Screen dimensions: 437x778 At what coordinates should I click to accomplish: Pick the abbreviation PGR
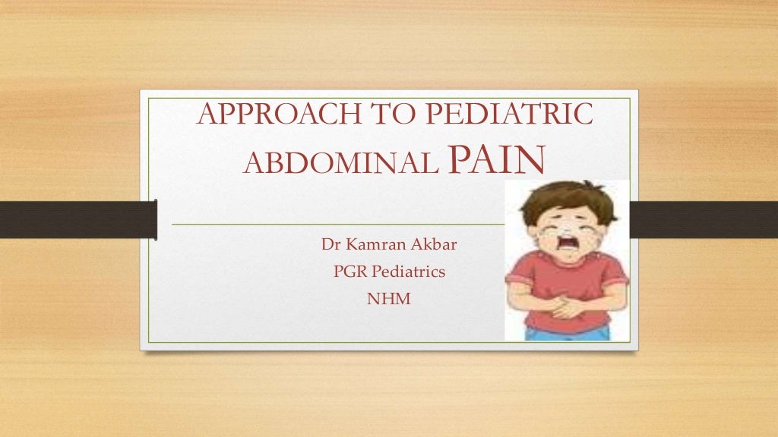pos(350,272)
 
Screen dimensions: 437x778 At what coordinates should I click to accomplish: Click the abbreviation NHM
pos(388,299)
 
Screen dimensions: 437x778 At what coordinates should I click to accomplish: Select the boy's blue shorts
pos(568,332)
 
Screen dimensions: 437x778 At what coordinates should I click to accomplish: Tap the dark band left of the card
pos(76,219)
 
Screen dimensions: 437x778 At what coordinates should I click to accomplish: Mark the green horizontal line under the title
pos(334,225)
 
